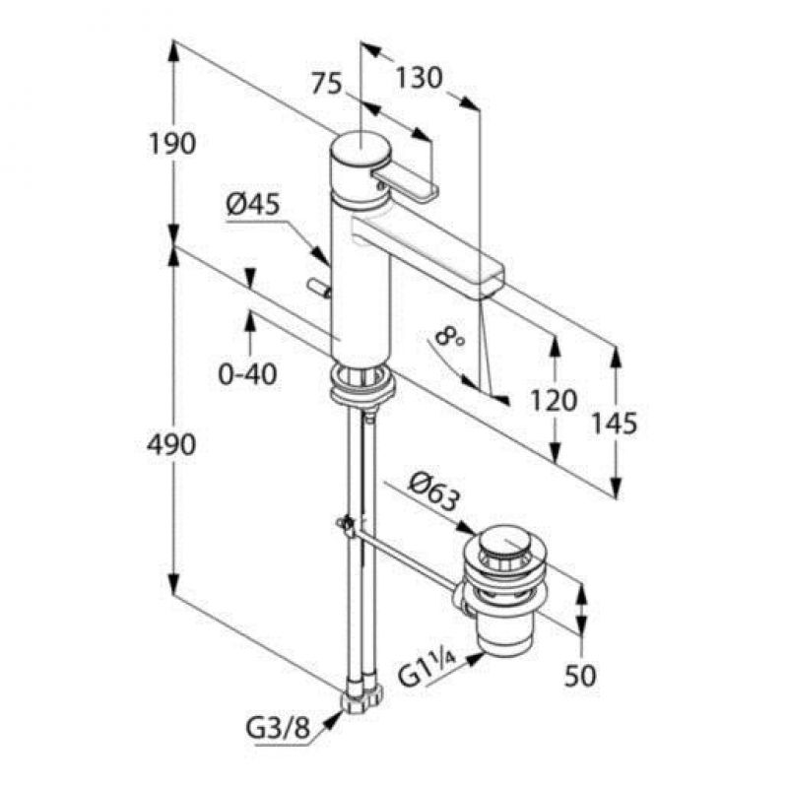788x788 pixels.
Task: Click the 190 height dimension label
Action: click(172, 144)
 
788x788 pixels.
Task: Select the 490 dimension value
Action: click(171, 444)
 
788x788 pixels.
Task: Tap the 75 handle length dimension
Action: click(326, 83)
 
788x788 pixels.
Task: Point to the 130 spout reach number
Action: click(420, 77)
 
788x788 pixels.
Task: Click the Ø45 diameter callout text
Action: click(252, 205)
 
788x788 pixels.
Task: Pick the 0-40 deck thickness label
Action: click(247, 374)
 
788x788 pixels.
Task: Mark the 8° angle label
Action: click(450, 336)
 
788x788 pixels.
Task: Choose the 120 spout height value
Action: click(554, 401)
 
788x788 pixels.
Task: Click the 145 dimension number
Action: click(613, 423)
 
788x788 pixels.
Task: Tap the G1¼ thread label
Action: click(427, 671)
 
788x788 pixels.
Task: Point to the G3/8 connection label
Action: click(278, 728)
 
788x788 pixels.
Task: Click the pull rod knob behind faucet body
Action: click(318, 288)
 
